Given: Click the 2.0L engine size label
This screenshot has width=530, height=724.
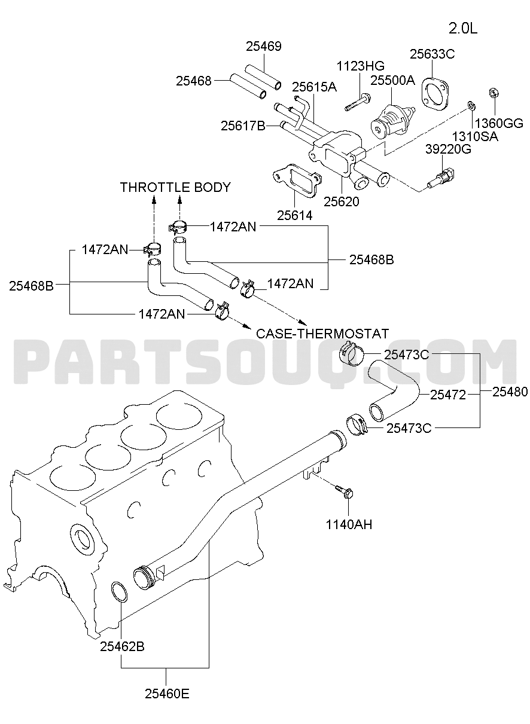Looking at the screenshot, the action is coord(462,29).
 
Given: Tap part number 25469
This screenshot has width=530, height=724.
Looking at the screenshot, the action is coord(264,46).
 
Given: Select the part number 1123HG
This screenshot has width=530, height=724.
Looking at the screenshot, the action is coord(361,66).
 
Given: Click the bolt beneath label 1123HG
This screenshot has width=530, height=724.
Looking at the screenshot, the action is coord(357,102).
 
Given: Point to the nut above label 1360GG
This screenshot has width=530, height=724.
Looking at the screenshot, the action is coord(493,93).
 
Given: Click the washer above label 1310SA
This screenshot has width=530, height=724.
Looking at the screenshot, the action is coord(471,105).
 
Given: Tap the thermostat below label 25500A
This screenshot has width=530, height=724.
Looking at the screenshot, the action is coord(392,122).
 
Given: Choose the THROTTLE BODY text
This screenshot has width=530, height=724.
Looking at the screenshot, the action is coord(175,187).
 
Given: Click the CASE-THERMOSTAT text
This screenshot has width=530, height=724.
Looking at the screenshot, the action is coord(322,334).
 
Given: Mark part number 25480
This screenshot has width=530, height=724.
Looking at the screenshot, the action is coord(510,392).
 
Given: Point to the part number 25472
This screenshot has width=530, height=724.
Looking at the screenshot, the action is coord(447,395).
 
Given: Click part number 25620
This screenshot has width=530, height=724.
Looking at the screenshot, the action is coord(342,201).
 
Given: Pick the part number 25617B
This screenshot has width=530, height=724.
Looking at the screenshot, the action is coord(243,126).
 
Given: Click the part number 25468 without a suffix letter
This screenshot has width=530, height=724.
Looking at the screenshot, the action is coord(194,81).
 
